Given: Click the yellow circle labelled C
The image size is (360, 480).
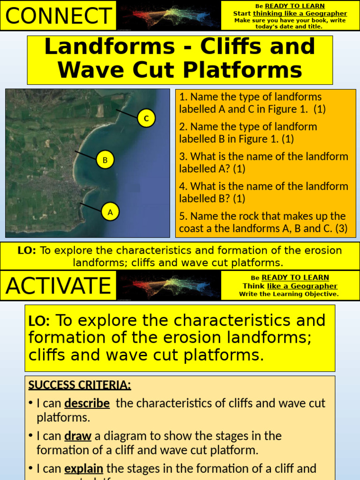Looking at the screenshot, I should [146, 119].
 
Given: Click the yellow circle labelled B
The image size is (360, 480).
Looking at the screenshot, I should [105, 160].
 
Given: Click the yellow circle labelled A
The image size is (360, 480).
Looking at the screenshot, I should [110, 212].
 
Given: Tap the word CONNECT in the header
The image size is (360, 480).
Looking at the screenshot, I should [59, 16].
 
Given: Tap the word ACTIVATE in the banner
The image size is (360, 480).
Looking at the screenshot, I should [59, 285].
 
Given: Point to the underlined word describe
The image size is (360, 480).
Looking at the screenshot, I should [87, 403].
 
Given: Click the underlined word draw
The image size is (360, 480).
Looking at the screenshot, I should [78, 436].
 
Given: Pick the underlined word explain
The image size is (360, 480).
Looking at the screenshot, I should [83, 468].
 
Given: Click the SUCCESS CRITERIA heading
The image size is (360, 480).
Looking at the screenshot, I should [80, 385].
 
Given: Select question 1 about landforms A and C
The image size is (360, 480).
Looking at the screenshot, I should [252, 103].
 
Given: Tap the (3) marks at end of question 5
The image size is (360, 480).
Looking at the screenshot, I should [337, 229].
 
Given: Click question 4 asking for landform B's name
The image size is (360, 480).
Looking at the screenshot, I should [263, 192].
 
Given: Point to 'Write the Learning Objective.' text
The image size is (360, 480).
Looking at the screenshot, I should [289, 294].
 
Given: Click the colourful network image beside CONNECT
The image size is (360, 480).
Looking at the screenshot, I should [168, 15].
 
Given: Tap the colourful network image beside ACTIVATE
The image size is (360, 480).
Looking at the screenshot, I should [168, 285].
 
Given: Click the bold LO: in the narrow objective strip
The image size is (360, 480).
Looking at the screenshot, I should [27, 250].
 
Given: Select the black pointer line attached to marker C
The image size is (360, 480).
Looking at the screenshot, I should [127, 112].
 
